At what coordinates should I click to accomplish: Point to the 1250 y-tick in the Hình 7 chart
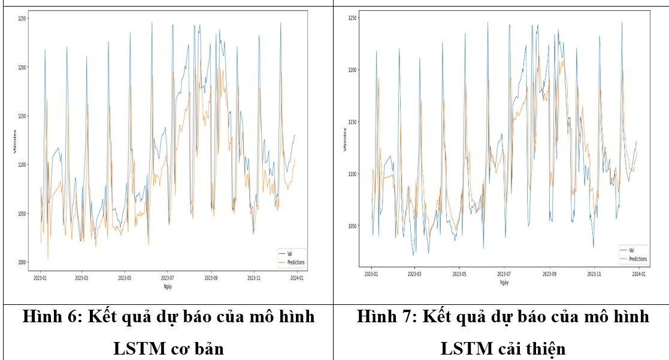tap(353, 19)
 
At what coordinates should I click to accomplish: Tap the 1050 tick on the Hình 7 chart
tap(353, 226)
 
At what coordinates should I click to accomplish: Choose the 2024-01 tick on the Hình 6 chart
tap(296, 279)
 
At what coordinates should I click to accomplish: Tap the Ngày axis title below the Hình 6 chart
tap(168, 287)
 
